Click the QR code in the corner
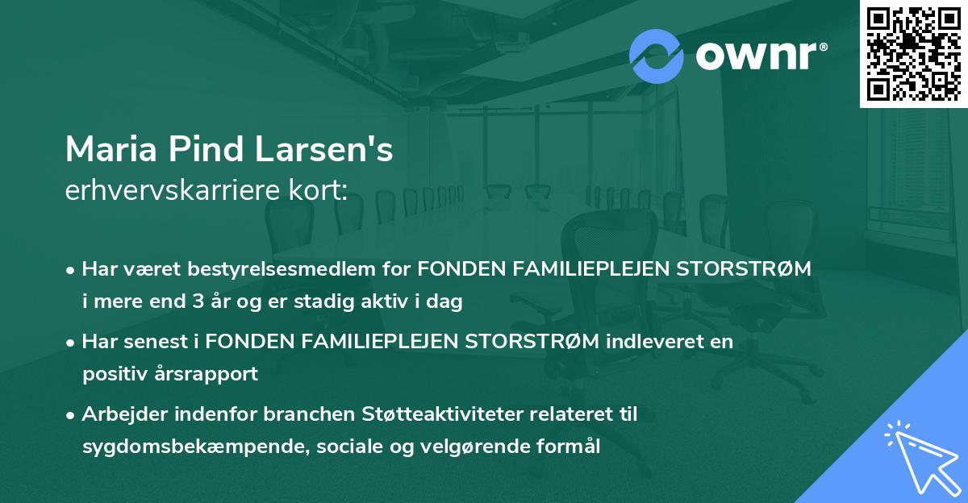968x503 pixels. pos(913,53)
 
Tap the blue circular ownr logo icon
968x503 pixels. pos(657,56)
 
